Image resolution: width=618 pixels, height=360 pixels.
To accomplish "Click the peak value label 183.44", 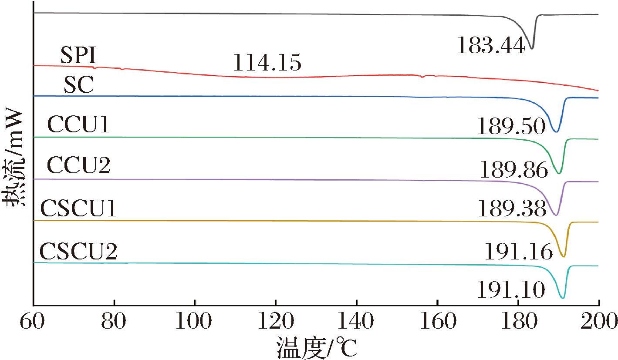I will point(491,45).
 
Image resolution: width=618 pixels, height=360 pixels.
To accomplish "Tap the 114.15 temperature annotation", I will point(267,63).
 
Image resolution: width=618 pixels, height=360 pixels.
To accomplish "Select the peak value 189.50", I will point(511,127).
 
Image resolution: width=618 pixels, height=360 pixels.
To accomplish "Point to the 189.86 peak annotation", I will point(514,169).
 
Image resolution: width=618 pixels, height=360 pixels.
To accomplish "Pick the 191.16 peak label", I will point(519,251).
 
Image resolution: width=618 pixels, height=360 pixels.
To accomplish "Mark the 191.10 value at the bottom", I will point(510,290).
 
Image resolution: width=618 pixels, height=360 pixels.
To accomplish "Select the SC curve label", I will point(78,86).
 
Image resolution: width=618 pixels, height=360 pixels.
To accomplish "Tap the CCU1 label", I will point(78,125).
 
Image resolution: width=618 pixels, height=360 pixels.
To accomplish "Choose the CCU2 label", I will point(78,166).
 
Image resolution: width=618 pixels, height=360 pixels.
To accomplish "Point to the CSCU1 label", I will point(78,209).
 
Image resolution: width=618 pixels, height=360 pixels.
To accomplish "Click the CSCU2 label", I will point(78,251).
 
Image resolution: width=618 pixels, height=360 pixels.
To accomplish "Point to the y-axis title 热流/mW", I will point(14,160).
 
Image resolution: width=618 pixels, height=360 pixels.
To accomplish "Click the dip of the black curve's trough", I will point(531,47).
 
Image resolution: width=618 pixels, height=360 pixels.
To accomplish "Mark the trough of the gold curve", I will point(564,256).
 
